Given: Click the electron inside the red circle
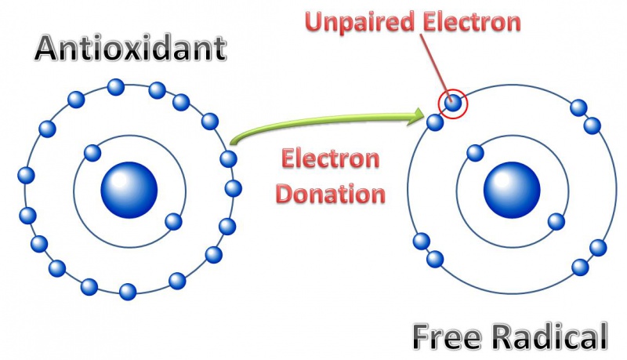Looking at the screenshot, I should point(452,101).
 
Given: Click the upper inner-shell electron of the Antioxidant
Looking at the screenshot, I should point(92,152).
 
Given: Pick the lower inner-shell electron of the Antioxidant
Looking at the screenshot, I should point(172,220).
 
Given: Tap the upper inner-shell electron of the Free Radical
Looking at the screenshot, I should point(474,152).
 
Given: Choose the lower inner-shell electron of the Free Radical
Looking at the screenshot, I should point(556,221).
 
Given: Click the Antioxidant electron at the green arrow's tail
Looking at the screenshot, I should point(228,158).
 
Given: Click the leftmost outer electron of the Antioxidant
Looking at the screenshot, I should point(26,175).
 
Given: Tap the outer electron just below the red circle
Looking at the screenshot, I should point(436,122).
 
